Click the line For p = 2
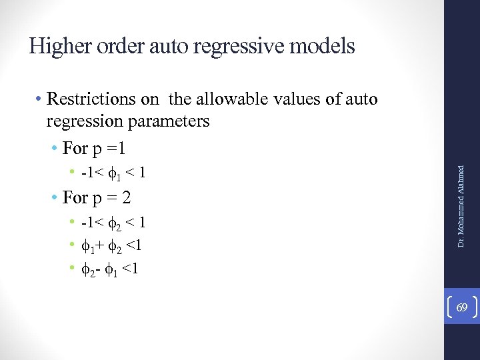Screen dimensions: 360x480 point(96,197)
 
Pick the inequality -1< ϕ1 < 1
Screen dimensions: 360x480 point(113,173)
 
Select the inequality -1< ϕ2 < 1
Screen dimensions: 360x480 point(113,222)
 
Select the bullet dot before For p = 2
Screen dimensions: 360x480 point(55,198)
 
